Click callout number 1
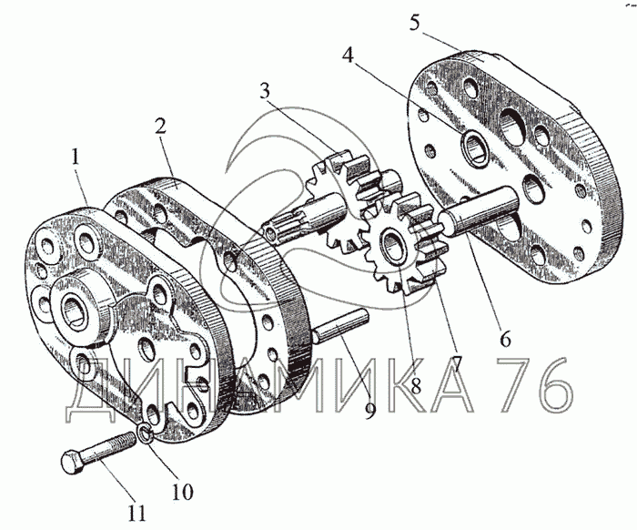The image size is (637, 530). (76, 157)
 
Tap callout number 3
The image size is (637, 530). (265, 90)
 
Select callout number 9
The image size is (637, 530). (369, 409)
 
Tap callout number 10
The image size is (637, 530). (182, 492)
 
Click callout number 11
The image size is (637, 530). (136, 513)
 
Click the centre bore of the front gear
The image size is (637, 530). (392, 245)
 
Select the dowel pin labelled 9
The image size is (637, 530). (340, 327)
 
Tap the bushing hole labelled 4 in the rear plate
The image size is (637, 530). (475, 148)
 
